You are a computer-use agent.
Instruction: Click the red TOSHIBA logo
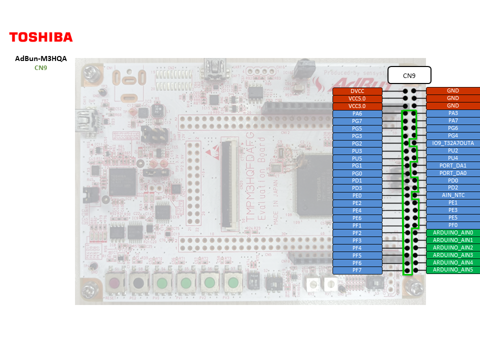tap(41, 37)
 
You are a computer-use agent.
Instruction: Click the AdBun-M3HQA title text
tap(41, 58)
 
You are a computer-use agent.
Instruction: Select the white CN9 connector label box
tap(409, 76)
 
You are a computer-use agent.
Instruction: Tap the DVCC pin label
tap(357, 91)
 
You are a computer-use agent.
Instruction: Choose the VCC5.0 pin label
tap(357, 98)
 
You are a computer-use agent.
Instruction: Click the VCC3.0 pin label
tap(357, 106)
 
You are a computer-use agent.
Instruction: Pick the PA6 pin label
tap(357, 113)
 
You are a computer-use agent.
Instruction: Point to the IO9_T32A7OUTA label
tap(453, 143)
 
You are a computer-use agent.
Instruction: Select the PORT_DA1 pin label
tap(453, 165)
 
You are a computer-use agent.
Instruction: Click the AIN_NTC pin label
tap(453, 195)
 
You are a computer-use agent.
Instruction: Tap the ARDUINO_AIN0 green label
tap(453, 232)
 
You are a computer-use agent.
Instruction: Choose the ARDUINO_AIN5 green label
tap(453, 270)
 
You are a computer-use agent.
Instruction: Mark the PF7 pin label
tap(357, 270)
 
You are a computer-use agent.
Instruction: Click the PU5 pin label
tap(357, 158)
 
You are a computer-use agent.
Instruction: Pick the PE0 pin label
tap(357, 195)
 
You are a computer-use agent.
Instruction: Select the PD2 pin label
tap(453, 187)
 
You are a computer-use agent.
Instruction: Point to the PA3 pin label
tap(453, 113)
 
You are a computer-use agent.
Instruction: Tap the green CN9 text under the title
tap(41, 67)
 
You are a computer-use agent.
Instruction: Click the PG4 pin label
tap(453, 135)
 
